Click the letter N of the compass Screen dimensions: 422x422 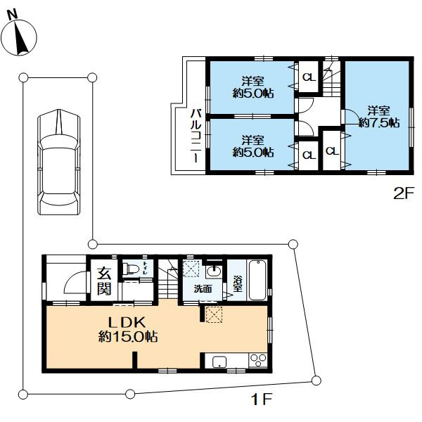tap(13, 14)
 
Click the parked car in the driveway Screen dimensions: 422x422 tap(59, 162)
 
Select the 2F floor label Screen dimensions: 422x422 tap(403, 193)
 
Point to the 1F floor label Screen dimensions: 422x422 tap(262, 399)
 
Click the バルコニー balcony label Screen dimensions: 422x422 tap(196, 135)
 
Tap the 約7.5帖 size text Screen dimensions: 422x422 tap(379, 123)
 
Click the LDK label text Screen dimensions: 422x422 tap(127, 322)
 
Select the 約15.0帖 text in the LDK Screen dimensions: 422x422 tap(128, 336)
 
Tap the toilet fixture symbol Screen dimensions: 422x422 tap(131, 269)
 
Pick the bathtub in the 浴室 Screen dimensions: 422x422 tap(257, 280)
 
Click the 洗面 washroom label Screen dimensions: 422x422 tap(203, 289)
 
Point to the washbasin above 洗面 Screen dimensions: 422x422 tap(215, 271)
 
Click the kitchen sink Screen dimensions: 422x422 tap(219, 362)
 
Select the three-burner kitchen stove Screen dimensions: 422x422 tap(258, 361)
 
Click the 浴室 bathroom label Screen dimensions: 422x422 tap(238, 283)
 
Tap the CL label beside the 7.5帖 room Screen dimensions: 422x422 tap(332, 151)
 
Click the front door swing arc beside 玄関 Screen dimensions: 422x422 tap(75, 283)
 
